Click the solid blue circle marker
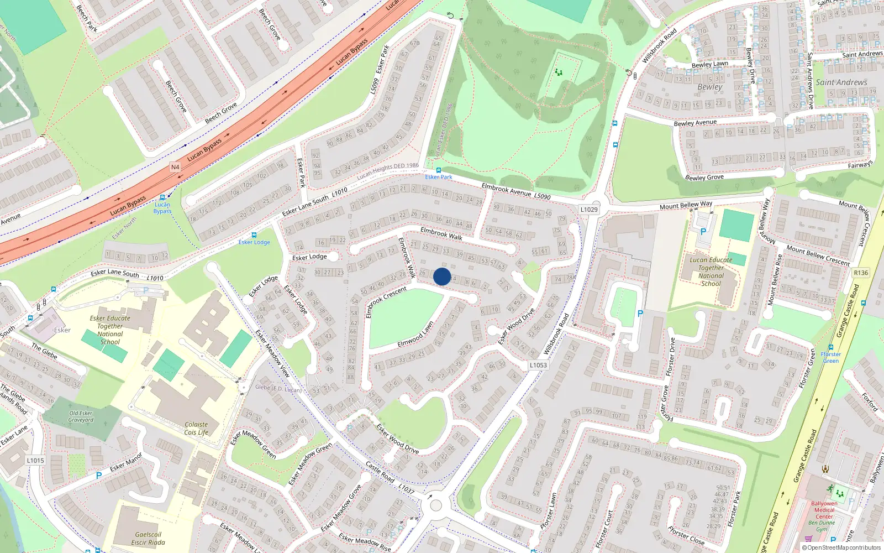tap(442, 276)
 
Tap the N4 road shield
tap(175, 167)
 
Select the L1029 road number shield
tap(589, 210)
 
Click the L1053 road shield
tap(538, 365)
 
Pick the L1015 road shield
tap(35, 460)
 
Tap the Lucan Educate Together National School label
tap(711, 272)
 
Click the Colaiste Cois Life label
tap(196, 429)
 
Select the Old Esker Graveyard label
tap(81, 416)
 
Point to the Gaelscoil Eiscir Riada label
tap(148, 539)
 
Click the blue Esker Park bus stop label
tap(439, 177)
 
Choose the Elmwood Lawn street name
tap(415, 335)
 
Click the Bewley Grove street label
tap(704, 178)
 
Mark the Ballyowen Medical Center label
tap(824, 510)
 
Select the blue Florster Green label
tap(830, 357)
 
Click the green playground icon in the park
tap(559, 72)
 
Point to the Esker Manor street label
tap(125, 462)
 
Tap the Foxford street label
tap(870, 402)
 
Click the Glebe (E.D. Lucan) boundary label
tap(278, 388)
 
